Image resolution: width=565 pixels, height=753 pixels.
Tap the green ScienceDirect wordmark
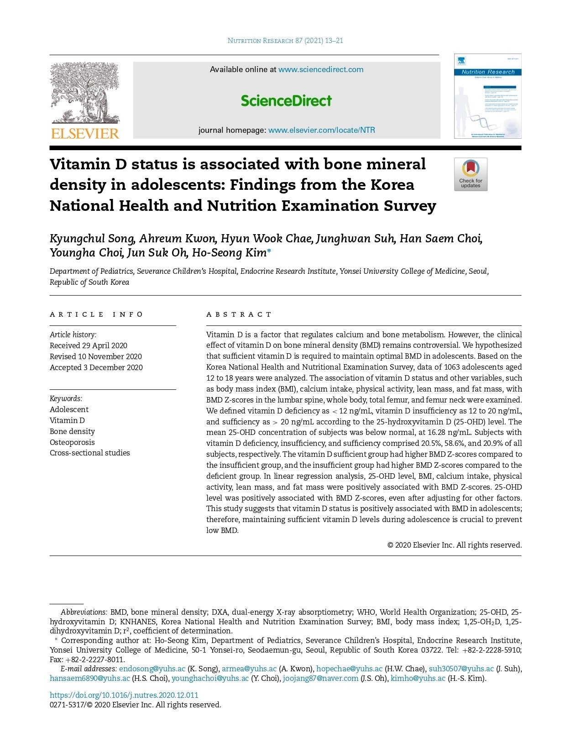(x=286, y=100)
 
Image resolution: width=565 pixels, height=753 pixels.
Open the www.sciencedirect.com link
(x=321, y=69)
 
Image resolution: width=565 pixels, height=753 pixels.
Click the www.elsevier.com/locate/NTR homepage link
(x=321, y=130)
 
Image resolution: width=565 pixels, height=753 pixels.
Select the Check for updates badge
(x=471, y=174)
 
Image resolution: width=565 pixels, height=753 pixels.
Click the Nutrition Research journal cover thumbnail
(x=487, y=96)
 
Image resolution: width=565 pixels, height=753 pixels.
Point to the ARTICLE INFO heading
(x=96, y=314)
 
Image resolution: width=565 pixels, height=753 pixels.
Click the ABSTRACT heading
(x=239, y=314)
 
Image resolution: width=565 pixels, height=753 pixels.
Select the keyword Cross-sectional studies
(x=89, y=453)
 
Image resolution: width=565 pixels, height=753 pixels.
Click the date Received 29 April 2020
(x=89, y=345)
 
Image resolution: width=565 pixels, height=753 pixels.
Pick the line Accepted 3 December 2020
(x=96, y=367)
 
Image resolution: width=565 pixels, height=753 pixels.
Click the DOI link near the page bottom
(x=124, y=695)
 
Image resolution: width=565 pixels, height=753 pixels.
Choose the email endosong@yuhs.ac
(x=152, y=669)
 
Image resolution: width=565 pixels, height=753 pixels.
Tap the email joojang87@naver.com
(x=320, y=678)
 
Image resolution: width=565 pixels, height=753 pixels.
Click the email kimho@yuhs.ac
(x=418, y=678)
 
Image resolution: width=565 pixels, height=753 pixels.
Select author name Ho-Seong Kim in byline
(x=229, y=253)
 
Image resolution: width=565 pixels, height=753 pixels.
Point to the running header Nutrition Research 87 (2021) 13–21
(x=285, y=41)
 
